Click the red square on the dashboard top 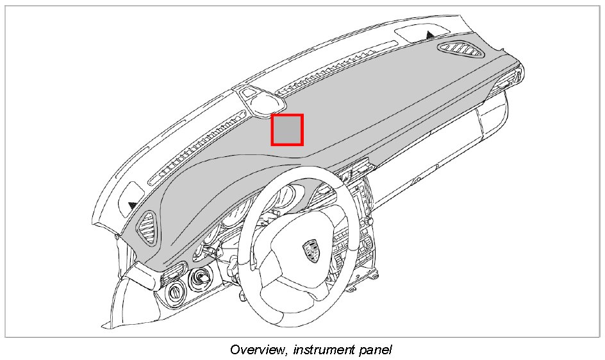click(286, 129)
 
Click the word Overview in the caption click(255, 350)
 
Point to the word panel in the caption click(376, 350)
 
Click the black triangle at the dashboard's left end click(132, 205)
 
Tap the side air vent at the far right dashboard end click(513, 81)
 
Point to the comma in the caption click(283, 354)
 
